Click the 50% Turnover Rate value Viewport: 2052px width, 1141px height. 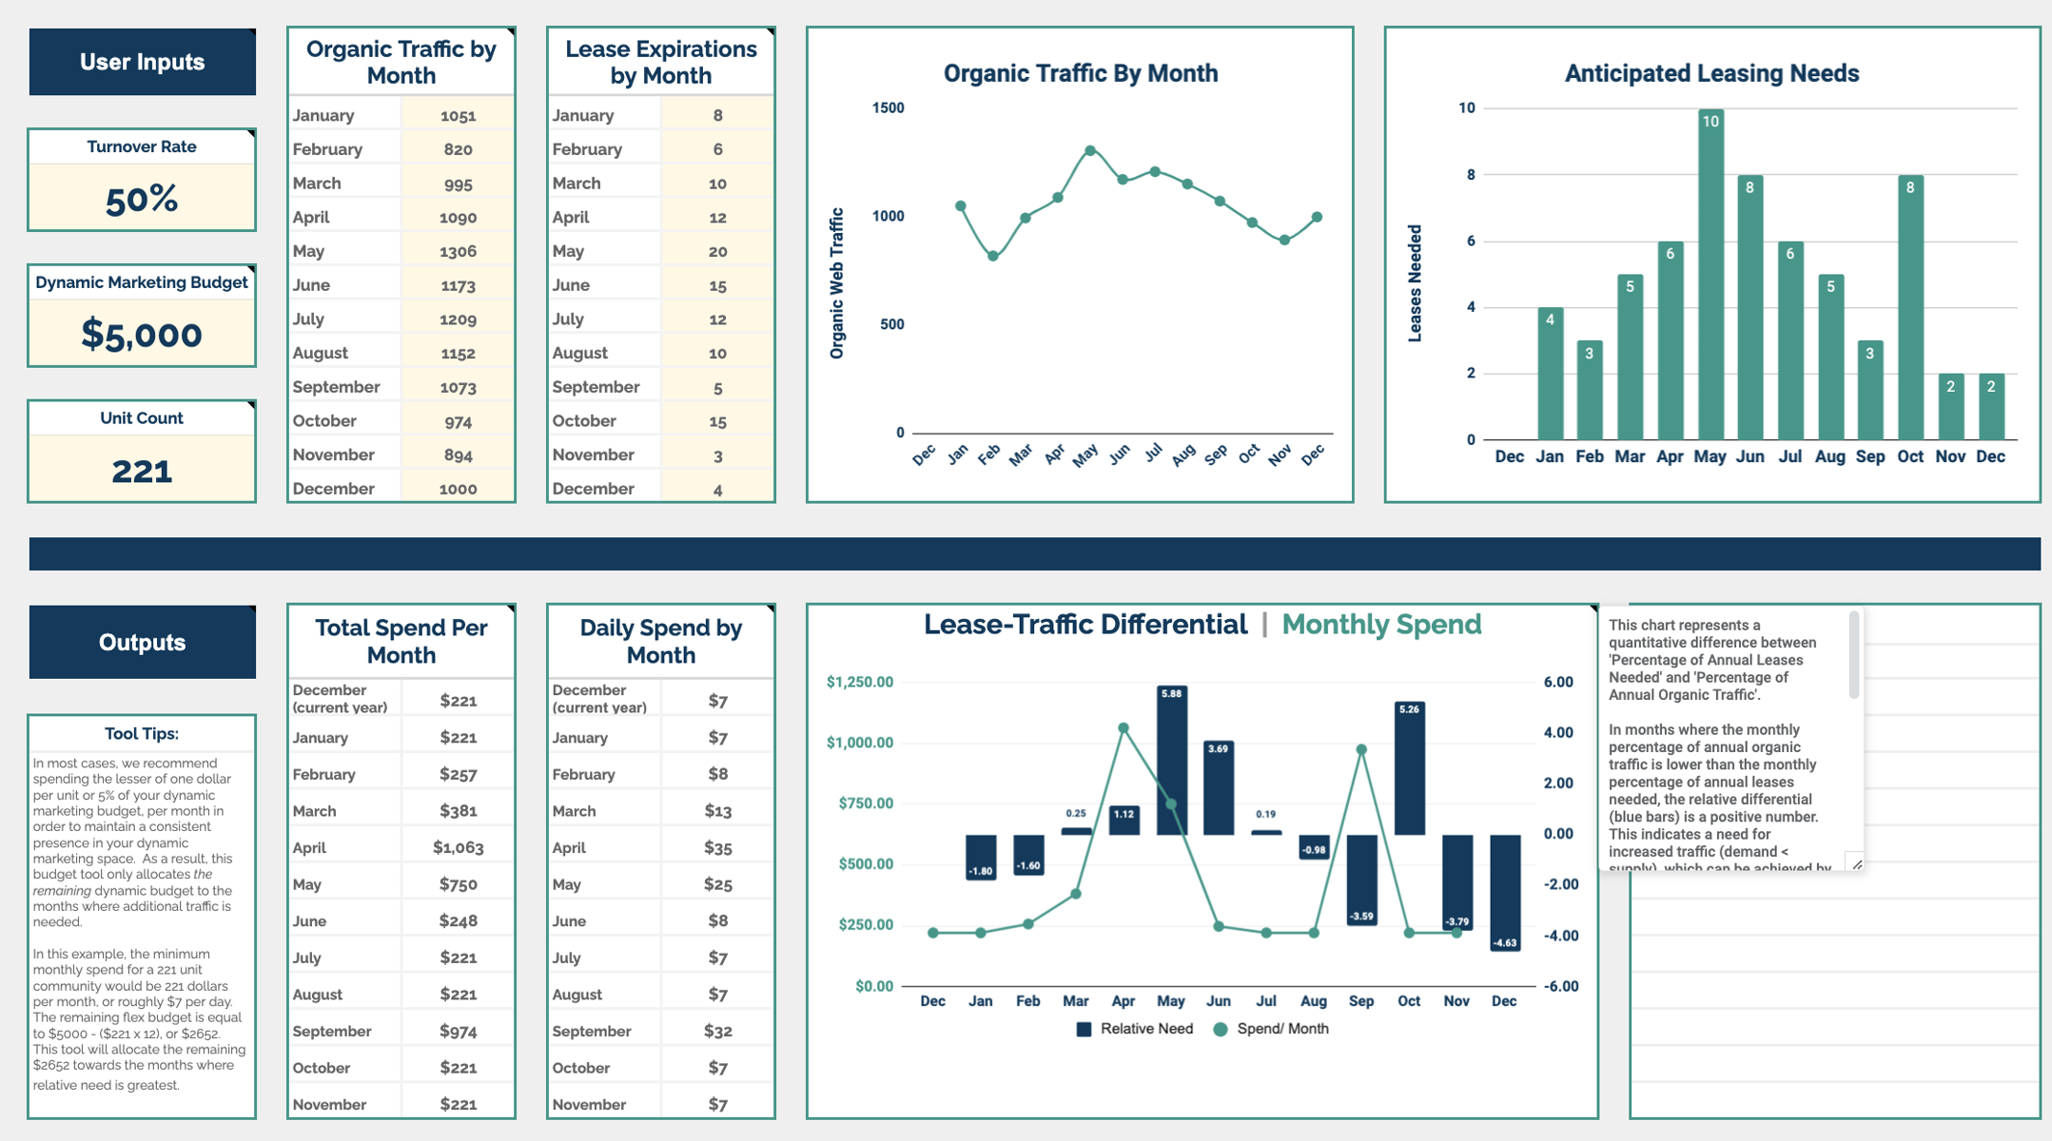coord(142,199)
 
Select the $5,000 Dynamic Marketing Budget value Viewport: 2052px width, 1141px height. coord(142,335)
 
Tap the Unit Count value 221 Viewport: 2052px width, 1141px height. coord(142,471)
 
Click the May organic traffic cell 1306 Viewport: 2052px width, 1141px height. coord(458,251)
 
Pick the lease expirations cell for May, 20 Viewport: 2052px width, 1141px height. coord(717,251)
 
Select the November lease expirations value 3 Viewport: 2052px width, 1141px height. coord(717,454)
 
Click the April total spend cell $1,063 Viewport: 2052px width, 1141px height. coord(458,847)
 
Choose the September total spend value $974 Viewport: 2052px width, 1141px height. coord(458,1031)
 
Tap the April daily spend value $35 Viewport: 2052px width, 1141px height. coord(717,847)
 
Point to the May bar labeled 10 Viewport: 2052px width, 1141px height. coord(1710,276)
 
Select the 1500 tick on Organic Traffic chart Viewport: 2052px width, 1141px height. coord(888,107)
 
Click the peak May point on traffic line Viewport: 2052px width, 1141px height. coord(1090,150)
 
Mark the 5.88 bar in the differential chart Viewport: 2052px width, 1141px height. coord(1171,761)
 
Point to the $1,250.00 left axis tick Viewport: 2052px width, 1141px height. coord(860,682)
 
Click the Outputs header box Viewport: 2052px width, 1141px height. coord(142,642)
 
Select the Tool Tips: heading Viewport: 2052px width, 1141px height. coord(142,733)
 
